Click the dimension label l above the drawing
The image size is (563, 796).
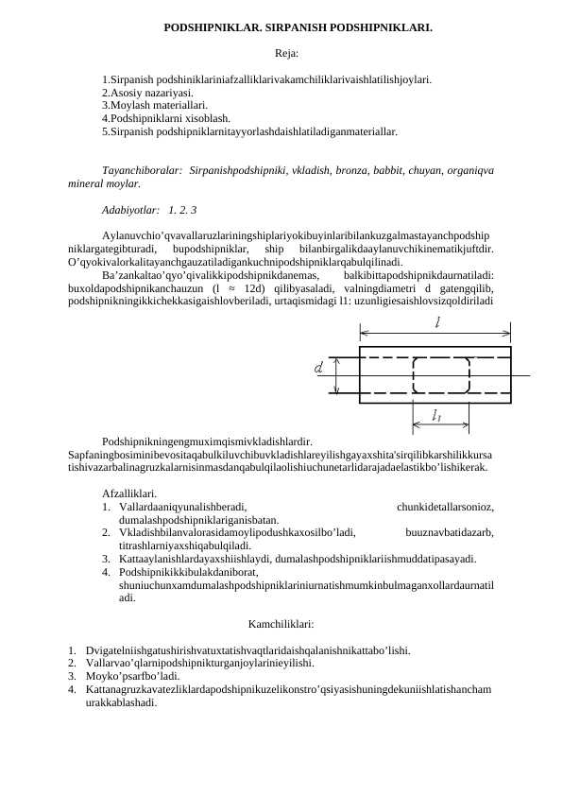tap(437, 322)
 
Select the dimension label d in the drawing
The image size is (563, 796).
tap(318, 365)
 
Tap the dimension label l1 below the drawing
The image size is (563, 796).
tap(437, 415)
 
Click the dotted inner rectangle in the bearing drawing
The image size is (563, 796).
tap(436, 372)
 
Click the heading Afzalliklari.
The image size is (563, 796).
tap(130, 493)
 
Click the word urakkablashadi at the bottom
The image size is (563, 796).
tap(121, 704)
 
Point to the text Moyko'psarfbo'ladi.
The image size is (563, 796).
tap(131, 678)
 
